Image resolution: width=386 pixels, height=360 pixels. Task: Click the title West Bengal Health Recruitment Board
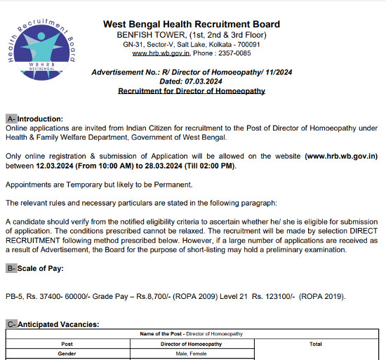[192, 25]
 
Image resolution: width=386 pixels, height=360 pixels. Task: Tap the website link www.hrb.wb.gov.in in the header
[161, 53]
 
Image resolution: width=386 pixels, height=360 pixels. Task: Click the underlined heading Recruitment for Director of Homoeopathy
[191, 91]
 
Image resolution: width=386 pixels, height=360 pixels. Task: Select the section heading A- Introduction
[34, 119]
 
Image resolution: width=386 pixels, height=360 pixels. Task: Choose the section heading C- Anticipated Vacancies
[53, 324]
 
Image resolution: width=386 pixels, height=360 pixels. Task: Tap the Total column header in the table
[315, 344]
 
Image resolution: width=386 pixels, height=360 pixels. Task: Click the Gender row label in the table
[67, 354]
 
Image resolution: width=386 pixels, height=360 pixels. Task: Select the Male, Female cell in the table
[191, 354]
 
